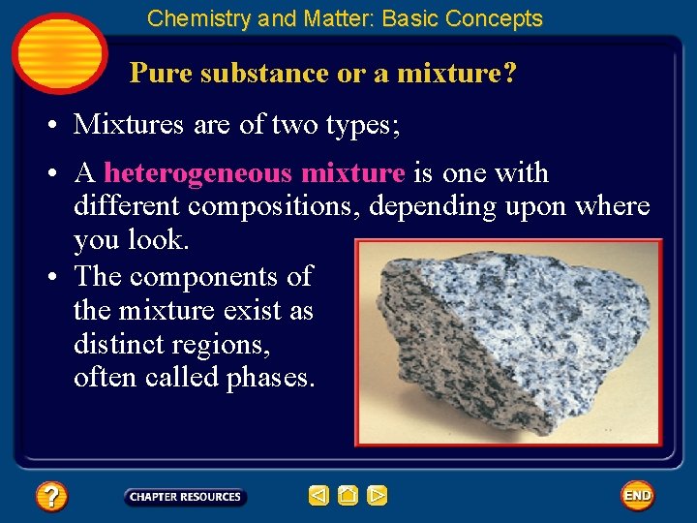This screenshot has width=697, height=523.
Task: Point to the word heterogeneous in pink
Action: tap(198, 173)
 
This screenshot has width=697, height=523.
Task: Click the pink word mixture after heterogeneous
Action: tap(353, 173)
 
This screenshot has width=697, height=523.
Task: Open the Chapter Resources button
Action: tap(185, 497)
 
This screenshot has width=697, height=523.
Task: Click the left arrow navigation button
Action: tap(318, 496)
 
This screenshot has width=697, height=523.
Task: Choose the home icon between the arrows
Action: tap(348, 496)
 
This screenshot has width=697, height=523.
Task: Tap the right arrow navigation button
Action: tap(378, 496)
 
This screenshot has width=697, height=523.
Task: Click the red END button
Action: tap(637, 496)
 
